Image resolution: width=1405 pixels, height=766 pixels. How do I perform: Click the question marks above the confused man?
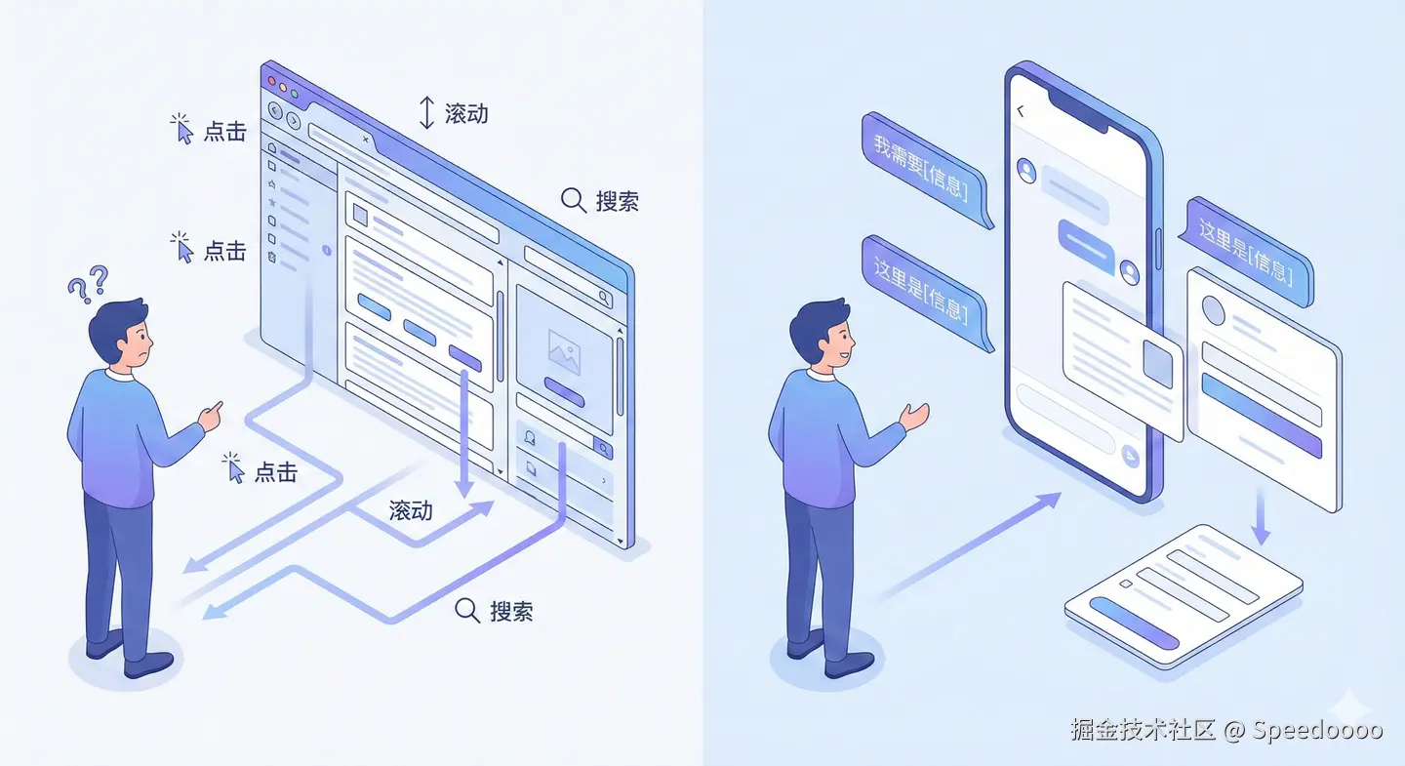pos(88,284)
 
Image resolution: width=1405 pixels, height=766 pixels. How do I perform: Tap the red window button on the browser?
pos(270,79)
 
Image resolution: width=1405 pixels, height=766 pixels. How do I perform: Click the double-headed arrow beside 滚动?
pos(426,113)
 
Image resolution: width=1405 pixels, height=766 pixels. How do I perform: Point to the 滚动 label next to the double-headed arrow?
pos(466,113)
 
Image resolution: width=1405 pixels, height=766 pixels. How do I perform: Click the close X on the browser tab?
pos(365,140)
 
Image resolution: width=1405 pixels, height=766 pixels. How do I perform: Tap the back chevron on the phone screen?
pos(1021,111)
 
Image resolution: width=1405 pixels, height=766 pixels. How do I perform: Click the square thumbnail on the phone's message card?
pos(1159,363)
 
